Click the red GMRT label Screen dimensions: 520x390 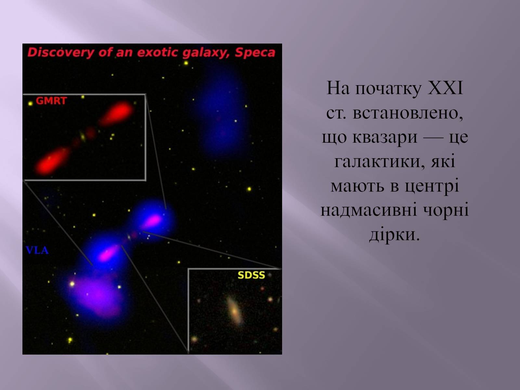click(51, 101)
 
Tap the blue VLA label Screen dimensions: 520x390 click(37, 250)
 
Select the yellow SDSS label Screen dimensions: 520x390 click(251, 275)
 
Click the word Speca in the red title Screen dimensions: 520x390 click(255, 53)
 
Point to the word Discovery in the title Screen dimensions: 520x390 click(61, 53)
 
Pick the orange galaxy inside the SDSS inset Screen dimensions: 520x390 click(234, 311)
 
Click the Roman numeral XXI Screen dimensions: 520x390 click(445, 88)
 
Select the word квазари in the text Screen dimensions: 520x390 click(385, 137)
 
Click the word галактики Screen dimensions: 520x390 click(377, 161)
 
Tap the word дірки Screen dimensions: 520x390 click(395, 234)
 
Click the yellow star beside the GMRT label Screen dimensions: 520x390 click(30, 103)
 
